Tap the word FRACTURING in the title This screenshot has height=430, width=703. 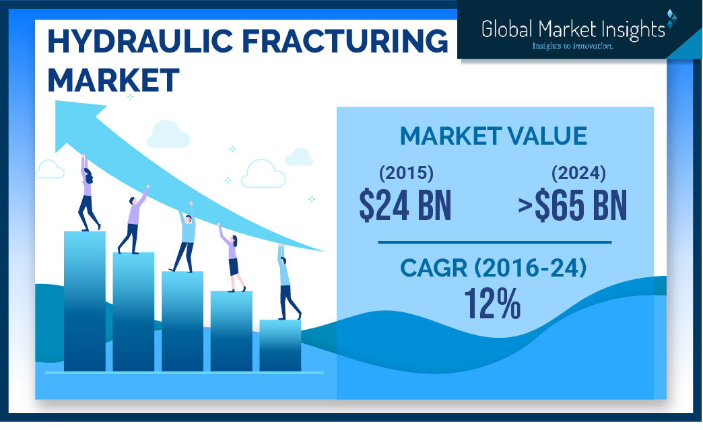click(x=345, y=41)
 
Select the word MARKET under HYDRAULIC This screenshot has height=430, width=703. click(x=113, y=80)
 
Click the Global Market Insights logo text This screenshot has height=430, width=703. click(x=573, y=29)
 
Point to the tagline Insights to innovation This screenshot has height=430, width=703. click(x=572, y=46)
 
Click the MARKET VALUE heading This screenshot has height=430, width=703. click(x=493, y=136)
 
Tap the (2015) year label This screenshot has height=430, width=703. click(x=406, y=174)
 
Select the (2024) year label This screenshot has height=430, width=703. click(x=578, y=174)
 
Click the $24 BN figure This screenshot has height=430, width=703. click(x=405, y=206)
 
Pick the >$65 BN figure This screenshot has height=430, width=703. click(x=572, y=206)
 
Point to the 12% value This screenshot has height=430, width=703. click(x=492, y=303)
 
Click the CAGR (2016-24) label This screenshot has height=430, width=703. click(x=493, y=268)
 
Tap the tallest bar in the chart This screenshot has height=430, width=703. click(x=85, y=301)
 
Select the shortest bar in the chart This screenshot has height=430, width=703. click(x=280, y=345)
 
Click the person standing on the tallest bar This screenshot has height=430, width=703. click(x=88, y=193)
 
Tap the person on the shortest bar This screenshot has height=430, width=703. click(x=287, y=282)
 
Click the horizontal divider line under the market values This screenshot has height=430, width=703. click(x=494, y=242)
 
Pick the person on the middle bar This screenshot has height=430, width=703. click(x=185, y=238)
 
